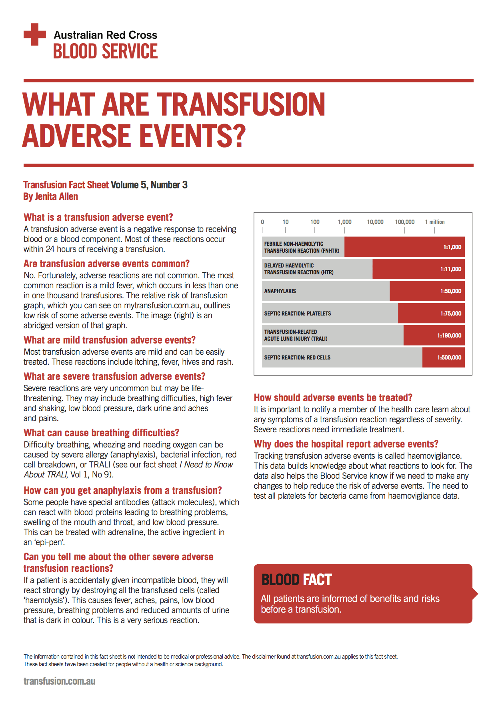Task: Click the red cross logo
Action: (35, 34)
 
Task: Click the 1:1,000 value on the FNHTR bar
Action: (452, 247)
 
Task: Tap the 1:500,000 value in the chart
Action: (449, 357)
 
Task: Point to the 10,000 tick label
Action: (375, 222)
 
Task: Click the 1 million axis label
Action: (435, 222)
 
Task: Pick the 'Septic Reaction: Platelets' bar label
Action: (297, 314)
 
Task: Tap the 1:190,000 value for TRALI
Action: (449, 336)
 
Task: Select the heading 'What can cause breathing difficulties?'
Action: (101, 433)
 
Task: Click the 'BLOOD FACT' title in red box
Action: (296, 579)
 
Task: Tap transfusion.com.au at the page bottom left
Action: (59, 681)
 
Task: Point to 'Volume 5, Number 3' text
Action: (149, 185)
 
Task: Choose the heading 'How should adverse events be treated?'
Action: (333, 397)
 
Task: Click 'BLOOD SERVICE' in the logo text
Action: (105, 52)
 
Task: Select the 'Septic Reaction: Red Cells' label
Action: (297, 357)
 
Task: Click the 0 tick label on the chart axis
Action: (262, 222)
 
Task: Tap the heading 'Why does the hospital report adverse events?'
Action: (346, 444)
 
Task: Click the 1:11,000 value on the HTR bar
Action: (450, 269)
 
